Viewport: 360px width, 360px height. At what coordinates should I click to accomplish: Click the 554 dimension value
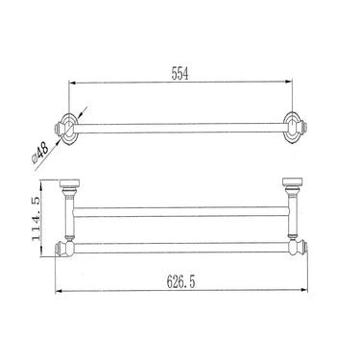click(180, 74)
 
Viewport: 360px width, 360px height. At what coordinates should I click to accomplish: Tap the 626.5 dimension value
click(180, 282)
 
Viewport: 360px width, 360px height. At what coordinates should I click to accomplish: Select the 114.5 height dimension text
click(36, 219)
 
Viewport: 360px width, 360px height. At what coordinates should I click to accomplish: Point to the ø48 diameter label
click(40, 153)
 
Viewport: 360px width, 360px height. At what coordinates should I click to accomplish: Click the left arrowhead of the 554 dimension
click(72, 83)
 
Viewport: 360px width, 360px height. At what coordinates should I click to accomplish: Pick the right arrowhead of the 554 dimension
click(289, 82)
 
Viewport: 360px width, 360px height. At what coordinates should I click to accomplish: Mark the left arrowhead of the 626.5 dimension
click(59, 291)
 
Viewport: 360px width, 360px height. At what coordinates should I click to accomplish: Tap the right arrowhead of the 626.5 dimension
click(304, 290)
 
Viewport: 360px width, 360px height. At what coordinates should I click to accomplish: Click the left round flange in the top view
click(69, 128)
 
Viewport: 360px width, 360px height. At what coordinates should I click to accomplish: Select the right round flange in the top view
click(292, 128)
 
